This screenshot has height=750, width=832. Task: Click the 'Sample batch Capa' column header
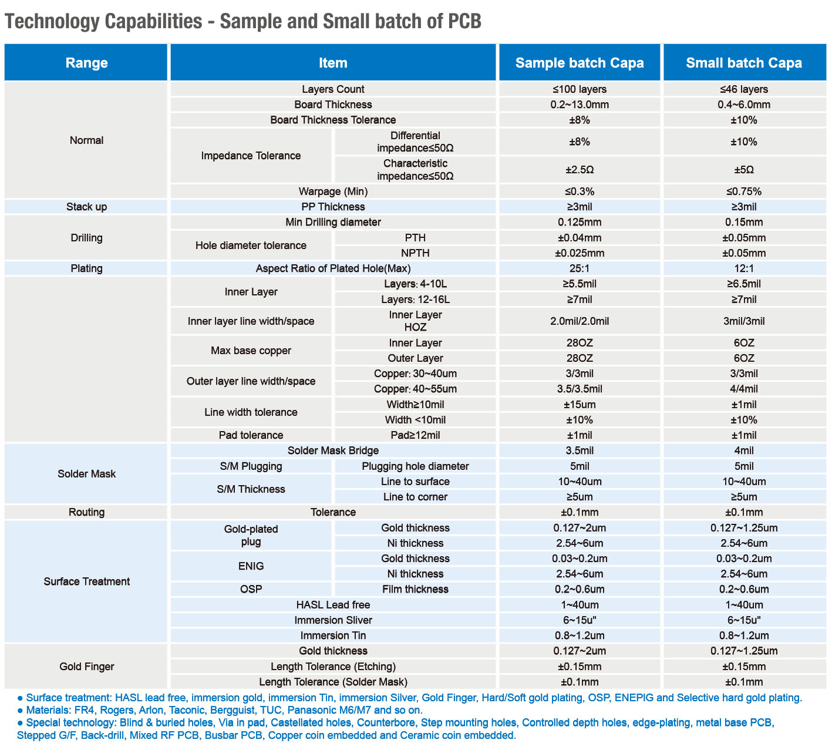pos(579,63)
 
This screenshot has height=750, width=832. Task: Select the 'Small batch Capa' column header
pos(743,63)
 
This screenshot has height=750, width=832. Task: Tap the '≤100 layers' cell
pos(579,89)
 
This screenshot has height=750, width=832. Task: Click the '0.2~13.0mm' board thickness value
pos(579,105)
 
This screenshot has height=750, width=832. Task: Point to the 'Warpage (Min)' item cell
pos(333,191)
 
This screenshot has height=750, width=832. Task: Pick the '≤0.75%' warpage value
pos(743,191)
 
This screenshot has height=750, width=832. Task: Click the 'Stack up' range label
pos(86,207)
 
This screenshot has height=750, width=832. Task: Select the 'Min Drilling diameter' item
pos(333,222)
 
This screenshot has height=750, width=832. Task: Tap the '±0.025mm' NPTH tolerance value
pos(579,253)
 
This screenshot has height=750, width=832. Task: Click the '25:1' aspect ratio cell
pos(579,268)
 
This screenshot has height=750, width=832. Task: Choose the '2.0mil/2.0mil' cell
pos(579,321)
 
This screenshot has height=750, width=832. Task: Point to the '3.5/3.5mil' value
pos(579,389)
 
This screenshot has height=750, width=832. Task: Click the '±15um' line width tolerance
pos(579,405)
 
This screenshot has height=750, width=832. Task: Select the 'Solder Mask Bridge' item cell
pos(333,450)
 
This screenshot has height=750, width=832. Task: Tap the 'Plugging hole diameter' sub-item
pos(415,466)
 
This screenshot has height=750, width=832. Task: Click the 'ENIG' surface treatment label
pos(251,566)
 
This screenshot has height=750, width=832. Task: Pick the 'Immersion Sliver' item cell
pos(333,620)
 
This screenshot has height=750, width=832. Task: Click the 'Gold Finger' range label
pos(86,667)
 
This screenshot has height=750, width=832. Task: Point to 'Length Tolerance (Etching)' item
pos(333,667)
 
